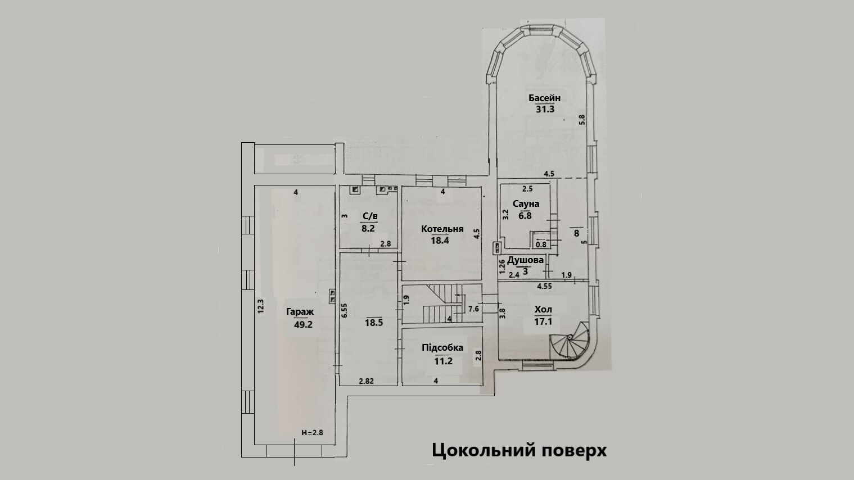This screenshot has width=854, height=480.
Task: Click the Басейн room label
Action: click(x=544, y=98)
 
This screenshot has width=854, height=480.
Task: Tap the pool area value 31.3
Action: click(x=544, y=110)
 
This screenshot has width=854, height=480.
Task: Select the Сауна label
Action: click(x=526, y=203)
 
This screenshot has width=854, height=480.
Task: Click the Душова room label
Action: click(x=525, y=260)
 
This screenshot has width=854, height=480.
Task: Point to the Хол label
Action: click(x=543, y=310)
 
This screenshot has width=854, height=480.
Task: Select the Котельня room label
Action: click(x=442, y=229)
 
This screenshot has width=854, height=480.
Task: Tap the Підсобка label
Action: click(x=442, y=348)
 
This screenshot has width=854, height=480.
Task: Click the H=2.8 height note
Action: click(x=312, y=433)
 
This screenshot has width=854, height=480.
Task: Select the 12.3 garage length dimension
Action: click(x=260, y=309)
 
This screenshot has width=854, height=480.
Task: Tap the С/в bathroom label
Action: click(x=369, y=216)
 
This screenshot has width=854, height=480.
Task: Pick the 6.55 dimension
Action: click(x=345, y=312)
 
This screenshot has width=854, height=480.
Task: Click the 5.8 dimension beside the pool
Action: click(x=582, y=120)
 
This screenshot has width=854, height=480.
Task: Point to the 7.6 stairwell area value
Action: click(x=473, y=309)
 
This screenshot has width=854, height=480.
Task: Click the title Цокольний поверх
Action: click(x=519, y=451)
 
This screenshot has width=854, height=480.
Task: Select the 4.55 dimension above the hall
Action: click(x=544, y=286)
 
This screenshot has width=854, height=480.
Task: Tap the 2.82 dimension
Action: click(x=366, y=381)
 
